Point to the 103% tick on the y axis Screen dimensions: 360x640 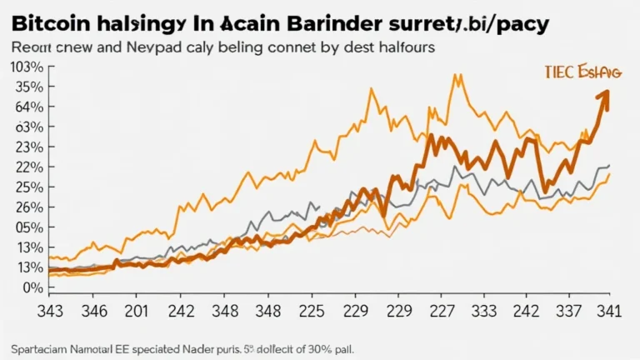coord(27,67)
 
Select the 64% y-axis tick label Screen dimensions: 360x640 coord(29,107)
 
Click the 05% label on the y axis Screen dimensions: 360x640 coord(29,227)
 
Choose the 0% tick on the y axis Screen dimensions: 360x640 coord(32,287)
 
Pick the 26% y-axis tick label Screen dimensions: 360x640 coord(29,207)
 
